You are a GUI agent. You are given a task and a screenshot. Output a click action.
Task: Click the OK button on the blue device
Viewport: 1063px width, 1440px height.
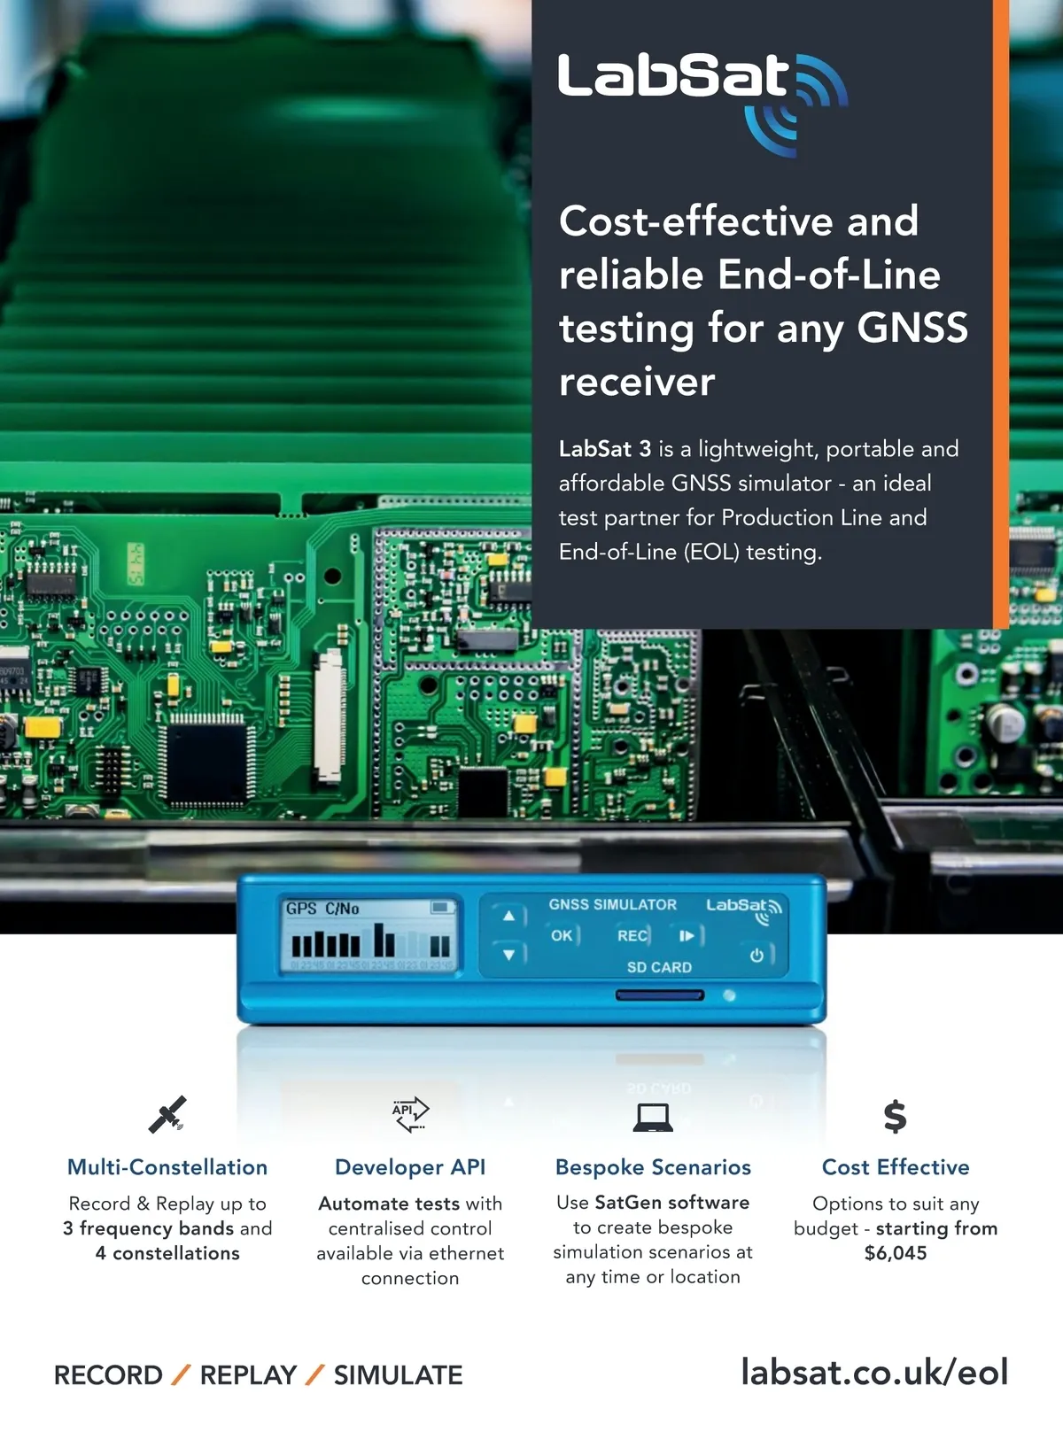pyautogui.click(x=562, y=936)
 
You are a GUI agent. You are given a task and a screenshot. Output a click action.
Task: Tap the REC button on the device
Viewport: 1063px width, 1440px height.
pyautogui.click(x=632, y=936)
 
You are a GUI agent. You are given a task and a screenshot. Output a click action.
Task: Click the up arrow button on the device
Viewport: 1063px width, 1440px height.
pyautogui.click(x=508, y=916)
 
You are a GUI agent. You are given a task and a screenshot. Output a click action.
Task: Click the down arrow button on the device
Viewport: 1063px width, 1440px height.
pyautogui.click(x=508, y=955)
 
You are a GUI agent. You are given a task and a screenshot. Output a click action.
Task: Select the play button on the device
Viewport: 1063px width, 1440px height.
pyautogui.click(x=687, y=936)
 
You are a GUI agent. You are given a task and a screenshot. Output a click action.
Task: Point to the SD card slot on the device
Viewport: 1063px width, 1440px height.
pyautogui.click(x=660, y=995)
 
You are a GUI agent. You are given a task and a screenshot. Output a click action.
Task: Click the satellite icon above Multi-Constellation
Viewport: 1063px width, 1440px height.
pyautogui.click(x=167, y=1115)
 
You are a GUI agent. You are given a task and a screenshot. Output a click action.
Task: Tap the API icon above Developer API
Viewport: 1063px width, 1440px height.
pyautogui.click(x=410, y=1114)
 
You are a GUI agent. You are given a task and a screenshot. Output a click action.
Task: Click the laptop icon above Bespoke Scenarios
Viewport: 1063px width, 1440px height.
pyautogui.click(x=653, y=1117)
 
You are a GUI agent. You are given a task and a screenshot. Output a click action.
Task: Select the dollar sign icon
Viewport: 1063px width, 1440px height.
pyautogui.click(x=896, y=1117)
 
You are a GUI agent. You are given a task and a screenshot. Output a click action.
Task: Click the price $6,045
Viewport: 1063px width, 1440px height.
pyautogui.click(x=896, y=1253)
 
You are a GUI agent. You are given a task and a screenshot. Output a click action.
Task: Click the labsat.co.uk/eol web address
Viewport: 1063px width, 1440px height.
pyautogui.click(x=874, y=1373)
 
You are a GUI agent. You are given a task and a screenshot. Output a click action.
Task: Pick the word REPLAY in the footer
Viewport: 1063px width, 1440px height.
pyautogui.click(x=248, y=1375)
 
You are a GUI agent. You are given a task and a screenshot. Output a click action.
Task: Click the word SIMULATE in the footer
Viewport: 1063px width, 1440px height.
pyautogui.click(x=398, y=1375)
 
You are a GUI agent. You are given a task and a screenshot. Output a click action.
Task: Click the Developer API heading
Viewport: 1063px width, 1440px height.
pyautogui.click(x=410, y=1167)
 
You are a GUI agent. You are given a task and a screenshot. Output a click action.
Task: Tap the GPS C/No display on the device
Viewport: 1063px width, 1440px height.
pyautogui.click(x=370, y=937)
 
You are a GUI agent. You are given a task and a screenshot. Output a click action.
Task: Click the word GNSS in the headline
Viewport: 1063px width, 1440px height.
pyautogui.click(x=912, y=328)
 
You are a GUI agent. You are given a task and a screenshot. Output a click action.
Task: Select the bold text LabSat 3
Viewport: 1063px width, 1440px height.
pyautogui.click(x=604, y=449)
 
